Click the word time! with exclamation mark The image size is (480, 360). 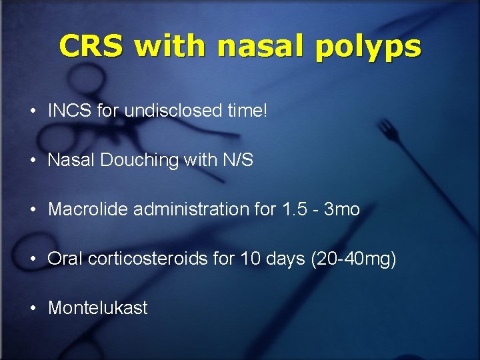click(x=247, y=111)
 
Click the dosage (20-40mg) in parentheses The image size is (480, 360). click(x=353, y=259)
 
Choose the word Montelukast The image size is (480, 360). click(x=98, y=308)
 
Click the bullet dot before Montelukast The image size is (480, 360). click(x=33, y=309)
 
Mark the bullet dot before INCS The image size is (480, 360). click(x=33, y=111)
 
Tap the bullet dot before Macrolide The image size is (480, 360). click(x=33, y=210)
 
